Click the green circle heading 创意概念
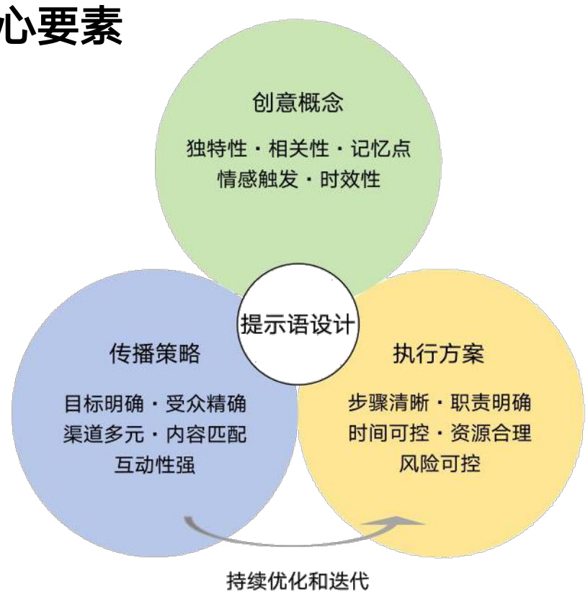(x=298, y=103)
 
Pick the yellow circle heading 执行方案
(x=438, y=354)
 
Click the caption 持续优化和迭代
(x=297, y=580)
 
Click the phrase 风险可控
(x=439, y=464)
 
